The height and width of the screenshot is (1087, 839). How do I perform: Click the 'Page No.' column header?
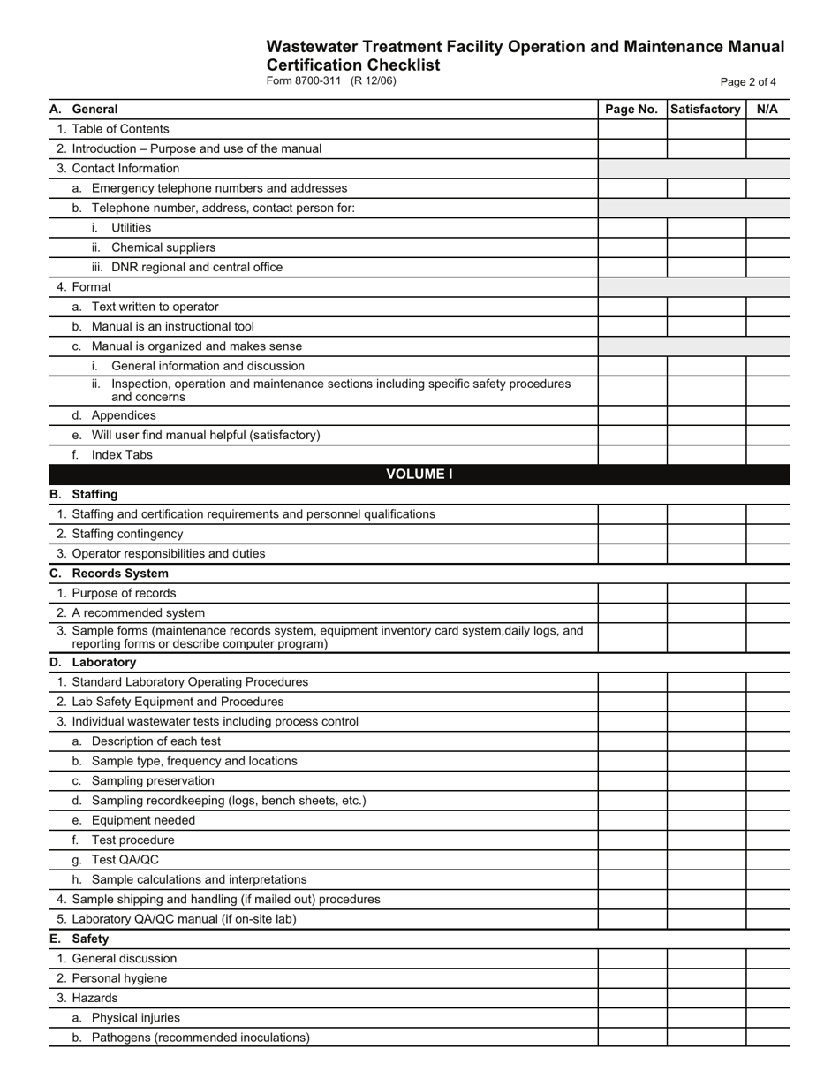[631, 110]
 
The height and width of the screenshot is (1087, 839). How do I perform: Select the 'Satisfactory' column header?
[706, 110]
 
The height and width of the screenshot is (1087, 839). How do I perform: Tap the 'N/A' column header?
[767, 110]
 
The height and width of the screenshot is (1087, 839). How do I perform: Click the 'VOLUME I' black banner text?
[419, 475]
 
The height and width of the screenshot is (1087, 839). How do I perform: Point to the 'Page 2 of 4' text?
[748, 82]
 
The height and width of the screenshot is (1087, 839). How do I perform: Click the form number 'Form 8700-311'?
[303, 81]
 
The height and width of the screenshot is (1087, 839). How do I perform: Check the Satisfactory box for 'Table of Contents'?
[706, 129]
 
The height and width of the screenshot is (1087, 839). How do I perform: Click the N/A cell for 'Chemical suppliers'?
[767, 247]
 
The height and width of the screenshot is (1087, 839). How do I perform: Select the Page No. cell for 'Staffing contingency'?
[631, 534]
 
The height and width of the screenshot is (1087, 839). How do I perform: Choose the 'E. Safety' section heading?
[79, 939]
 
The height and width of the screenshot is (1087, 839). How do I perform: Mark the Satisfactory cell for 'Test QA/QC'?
[706, 860]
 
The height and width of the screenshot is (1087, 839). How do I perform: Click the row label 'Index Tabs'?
[122, 455]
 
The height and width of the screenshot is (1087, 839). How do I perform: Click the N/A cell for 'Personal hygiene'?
[767, 978]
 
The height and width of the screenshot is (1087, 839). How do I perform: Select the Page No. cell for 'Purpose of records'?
[631, 593]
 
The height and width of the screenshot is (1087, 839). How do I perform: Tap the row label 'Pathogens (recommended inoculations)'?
[200, 1038]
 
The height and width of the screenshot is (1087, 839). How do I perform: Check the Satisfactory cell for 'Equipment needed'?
[706, 820]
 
